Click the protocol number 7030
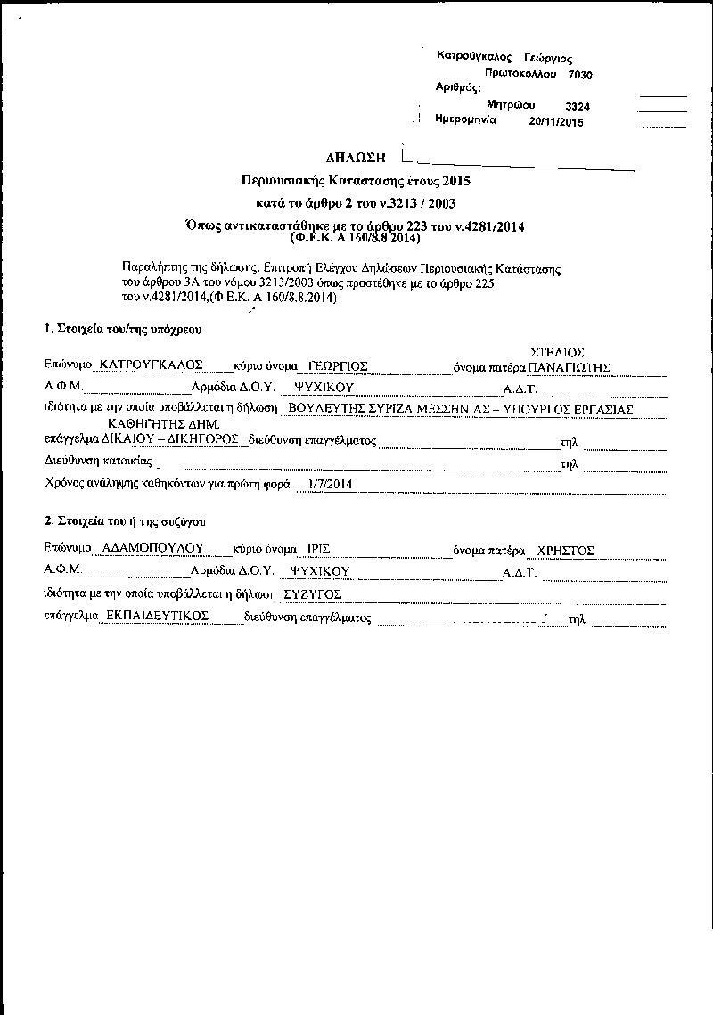tap(579, 76)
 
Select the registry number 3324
tap(578, 107)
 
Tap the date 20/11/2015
tap(556, 122)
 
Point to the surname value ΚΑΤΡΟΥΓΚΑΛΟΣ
tap(152, 365)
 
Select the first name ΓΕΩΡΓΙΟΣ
tap(337, 365)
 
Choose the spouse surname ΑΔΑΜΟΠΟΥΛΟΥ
tap(153, 549)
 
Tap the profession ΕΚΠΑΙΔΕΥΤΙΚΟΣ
tap(157, 616)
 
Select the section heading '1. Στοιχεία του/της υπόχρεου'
tap(123, 329)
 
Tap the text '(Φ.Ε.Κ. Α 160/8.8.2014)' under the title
tap(356, 239)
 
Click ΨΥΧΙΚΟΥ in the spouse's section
tap(320, 571)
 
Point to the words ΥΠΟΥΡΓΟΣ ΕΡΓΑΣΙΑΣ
tap(578, 410)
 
